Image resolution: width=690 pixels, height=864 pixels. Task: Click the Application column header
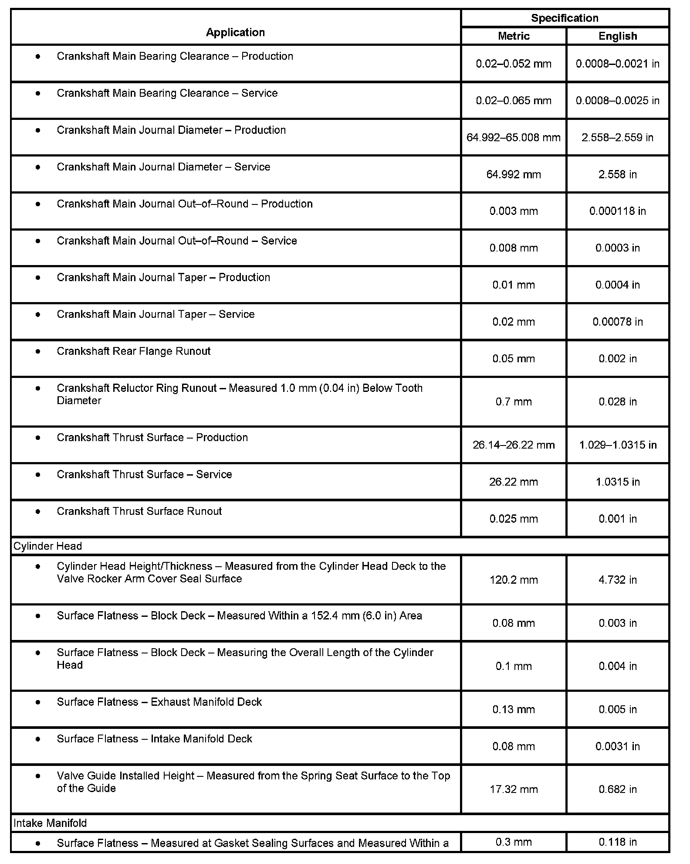(235, 32)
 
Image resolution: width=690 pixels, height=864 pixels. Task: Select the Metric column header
(514, 36)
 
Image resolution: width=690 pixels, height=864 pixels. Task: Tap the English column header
(618, 36)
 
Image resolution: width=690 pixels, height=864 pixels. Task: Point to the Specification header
(565, 18)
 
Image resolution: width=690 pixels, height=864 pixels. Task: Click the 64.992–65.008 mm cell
(514, 138)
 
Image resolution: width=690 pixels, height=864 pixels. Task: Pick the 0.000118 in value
(618, 211)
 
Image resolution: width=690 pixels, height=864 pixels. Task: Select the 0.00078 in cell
(618, 322)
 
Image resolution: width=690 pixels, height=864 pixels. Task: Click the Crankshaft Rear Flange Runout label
(134, 351)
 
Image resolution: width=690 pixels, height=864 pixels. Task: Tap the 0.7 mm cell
(514, 402)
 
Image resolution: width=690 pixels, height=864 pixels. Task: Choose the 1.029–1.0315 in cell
(618, 445)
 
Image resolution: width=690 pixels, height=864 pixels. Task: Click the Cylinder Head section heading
(48, 546)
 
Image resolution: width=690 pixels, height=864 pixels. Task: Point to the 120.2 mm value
(514, 580)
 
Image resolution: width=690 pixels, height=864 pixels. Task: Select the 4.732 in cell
(618, 580)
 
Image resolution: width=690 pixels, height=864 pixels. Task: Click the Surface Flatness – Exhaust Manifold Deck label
(159, 702)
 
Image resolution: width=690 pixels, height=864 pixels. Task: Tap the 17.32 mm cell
(514, 789)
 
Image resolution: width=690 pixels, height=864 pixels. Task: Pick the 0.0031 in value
(618, 747)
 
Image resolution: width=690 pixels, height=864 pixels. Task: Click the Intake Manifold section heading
(50, 823)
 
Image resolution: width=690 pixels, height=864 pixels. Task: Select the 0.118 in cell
(618, 842)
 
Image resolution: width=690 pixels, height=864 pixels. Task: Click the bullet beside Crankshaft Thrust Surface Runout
(38, 511)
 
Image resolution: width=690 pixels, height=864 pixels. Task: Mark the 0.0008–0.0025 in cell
(618, 101)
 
